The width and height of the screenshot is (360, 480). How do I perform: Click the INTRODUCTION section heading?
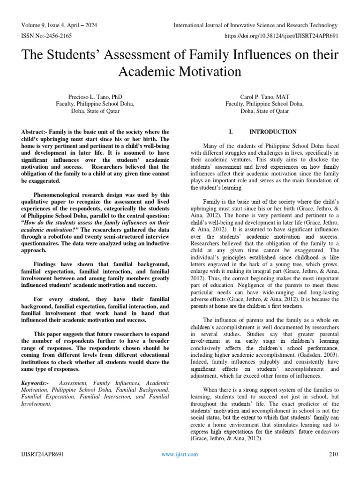coord(273,132)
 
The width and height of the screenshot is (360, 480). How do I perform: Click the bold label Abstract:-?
coord(37,132)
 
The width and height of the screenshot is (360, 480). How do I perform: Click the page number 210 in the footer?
coord(333,454)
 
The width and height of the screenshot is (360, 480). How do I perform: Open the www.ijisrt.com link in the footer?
coord(180,454)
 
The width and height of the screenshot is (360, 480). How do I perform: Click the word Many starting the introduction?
coord(210,145)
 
